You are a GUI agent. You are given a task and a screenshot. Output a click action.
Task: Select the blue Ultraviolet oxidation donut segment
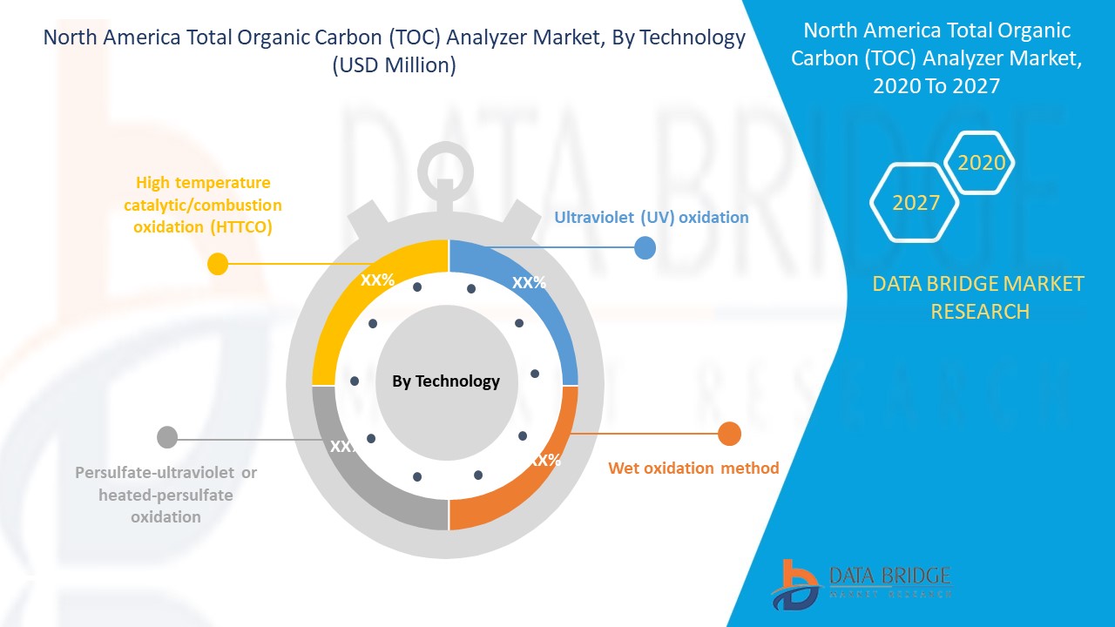549,305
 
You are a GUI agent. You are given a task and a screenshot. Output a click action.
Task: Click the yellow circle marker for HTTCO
218,263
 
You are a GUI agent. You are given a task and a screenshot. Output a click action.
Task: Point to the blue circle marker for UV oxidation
645,248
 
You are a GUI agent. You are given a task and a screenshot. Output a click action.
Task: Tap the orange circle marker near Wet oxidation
729,433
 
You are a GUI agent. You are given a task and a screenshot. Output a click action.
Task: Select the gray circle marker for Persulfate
167,437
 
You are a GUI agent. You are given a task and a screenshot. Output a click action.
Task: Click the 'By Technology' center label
446,381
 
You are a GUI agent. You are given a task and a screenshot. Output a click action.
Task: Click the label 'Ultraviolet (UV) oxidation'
651,217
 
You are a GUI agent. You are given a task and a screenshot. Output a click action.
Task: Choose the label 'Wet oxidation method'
693,468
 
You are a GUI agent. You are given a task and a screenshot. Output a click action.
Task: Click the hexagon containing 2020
981,163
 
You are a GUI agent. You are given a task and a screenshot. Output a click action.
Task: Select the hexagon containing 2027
916,203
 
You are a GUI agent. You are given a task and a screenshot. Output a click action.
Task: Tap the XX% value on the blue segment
529,282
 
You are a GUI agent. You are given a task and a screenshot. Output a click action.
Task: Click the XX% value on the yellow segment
378,280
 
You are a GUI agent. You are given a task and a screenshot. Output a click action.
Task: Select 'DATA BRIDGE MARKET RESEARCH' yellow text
979,297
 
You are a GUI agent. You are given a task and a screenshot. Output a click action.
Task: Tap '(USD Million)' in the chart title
394,65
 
